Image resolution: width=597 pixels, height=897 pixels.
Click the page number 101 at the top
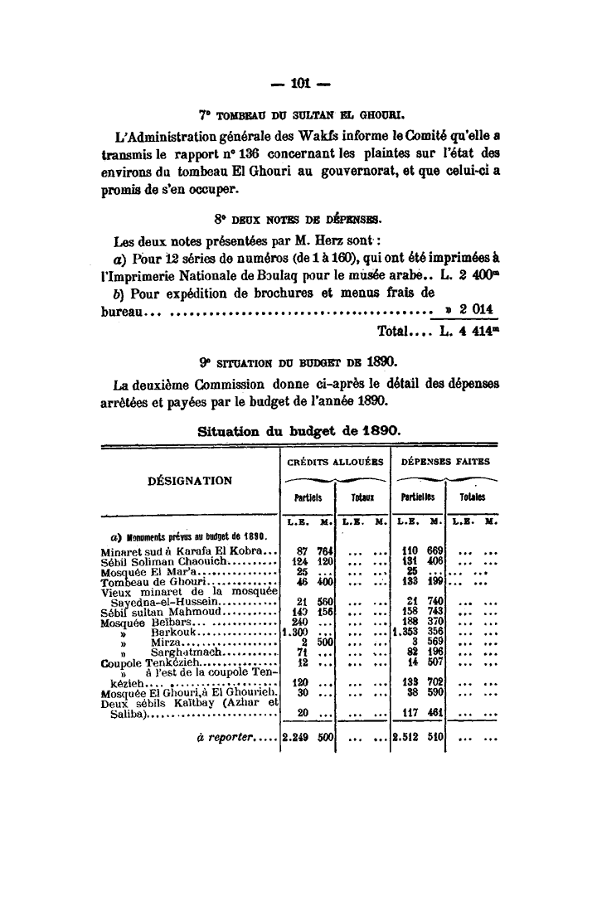pos(298,82)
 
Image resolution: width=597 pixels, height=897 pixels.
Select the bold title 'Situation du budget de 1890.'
pos(300,431)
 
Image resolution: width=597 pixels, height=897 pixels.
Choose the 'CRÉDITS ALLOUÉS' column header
pos(334,461)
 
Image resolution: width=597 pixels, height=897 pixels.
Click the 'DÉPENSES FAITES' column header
pos(445,461)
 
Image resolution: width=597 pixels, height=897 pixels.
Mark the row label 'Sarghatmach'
pos(184,654)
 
